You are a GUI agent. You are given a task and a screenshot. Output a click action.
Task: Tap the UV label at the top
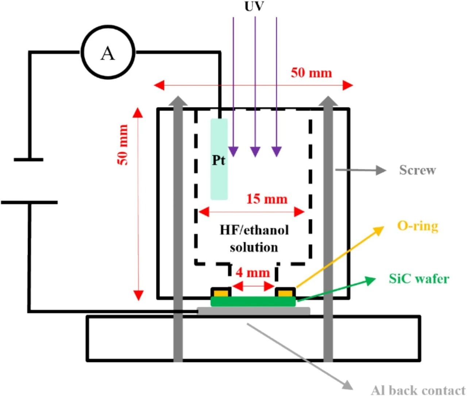254,6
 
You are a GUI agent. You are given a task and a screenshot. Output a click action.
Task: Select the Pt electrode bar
219,159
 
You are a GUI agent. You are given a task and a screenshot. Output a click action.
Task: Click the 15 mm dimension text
267,199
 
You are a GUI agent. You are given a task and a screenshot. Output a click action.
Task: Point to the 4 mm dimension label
253,273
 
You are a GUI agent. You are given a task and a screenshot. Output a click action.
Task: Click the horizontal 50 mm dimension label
311,73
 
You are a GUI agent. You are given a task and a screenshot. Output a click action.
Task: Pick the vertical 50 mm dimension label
123,145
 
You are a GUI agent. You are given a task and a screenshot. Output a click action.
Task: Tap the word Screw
417,170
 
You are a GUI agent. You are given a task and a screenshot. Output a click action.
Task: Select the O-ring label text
417,226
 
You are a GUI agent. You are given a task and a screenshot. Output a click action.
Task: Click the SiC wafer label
419,279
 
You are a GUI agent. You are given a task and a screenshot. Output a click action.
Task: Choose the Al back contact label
418,390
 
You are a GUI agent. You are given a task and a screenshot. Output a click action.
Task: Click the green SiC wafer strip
253,301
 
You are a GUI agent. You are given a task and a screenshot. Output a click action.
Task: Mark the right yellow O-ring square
285,293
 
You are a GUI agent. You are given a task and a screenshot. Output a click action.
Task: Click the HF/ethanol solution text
254,238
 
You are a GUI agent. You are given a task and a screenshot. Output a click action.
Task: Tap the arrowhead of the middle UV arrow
255,151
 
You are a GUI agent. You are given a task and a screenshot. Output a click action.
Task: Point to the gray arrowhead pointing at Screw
381,170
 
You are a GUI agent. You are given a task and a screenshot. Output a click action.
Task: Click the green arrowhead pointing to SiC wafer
371,280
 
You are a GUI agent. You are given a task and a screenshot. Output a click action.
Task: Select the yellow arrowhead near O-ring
379,229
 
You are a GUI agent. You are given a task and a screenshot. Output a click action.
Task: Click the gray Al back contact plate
253,311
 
